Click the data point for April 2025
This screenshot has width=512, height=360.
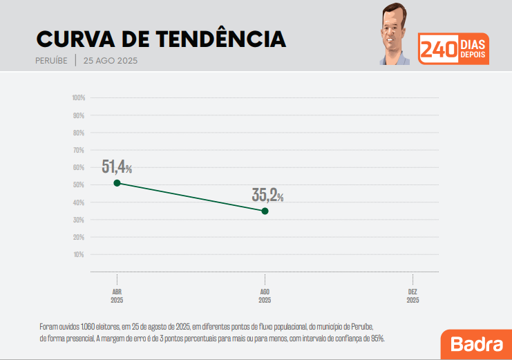click(117, 182)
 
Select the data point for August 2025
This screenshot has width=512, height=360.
click(265, 211)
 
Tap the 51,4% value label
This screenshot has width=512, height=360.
click(116, 167)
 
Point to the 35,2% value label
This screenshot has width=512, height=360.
click(267, 195)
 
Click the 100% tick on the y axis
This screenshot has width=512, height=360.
click(78, 97)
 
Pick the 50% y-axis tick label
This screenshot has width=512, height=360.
click(79, 184)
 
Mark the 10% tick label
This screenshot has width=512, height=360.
click(79, 254)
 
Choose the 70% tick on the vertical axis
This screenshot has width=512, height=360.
click(79, 150)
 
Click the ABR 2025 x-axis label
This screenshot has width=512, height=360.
click(117, 296)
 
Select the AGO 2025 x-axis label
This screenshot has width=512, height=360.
click(265, 296)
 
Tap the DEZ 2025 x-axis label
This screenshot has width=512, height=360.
click(413, 296)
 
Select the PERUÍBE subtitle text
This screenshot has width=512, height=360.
click(51, 60)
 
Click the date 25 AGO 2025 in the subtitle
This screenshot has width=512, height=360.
click(111, 60)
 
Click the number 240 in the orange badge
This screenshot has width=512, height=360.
click(438, 50)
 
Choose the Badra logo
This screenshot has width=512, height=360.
click(476, 344)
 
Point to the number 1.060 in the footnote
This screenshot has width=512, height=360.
click(88, 325)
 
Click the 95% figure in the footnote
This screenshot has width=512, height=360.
click(377, 339)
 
